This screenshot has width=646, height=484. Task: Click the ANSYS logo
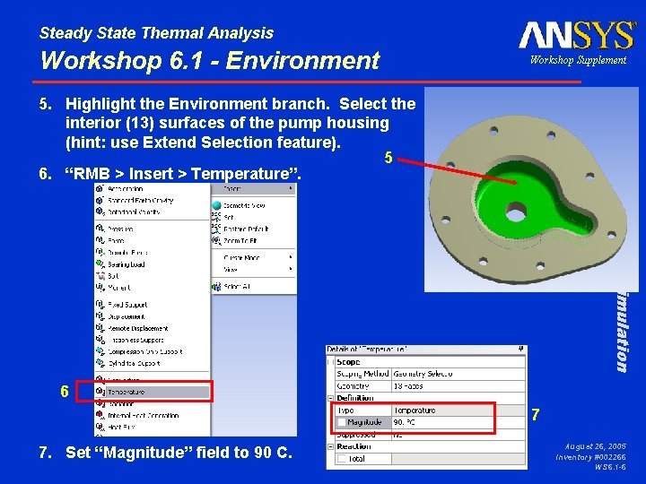pyautogui.click(x=577, y=35)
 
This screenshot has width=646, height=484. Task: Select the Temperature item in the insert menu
pyautogui.click(x=125, y=392)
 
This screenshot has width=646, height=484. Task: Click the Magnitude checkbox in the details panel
pyautogui.click(x=342, y=422)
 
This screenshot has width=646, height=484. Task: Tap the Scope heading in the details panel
pyautogui.click(x=348, y=362)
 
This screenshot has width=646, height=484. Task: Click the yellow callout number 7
pyautogui.click(x=536, y=415)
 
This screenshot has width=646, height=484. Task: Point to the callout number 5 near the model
pyautogui.click(x=388, y=158)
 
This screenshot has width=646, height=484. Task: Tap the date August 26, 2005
pyautogui.click(x=596, y=445)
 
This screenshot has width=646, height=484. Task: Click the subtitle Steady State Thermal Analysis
pyautogui.click(x=156, y=33)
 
